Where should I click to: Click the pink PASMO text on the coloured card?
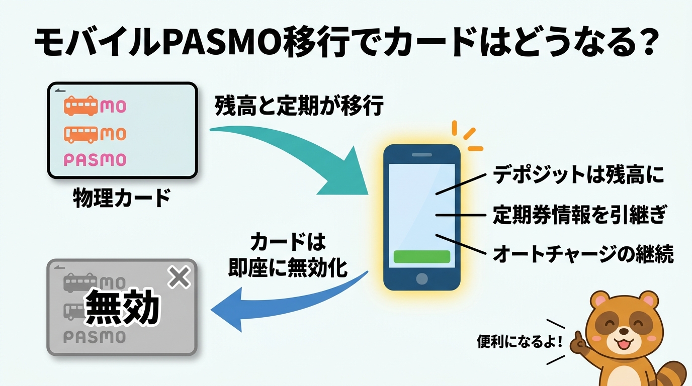95,160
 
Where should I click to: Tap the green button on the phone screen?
421,256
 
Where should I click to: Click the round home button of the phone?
422,278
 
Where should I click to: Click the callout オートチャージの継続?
583,254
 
